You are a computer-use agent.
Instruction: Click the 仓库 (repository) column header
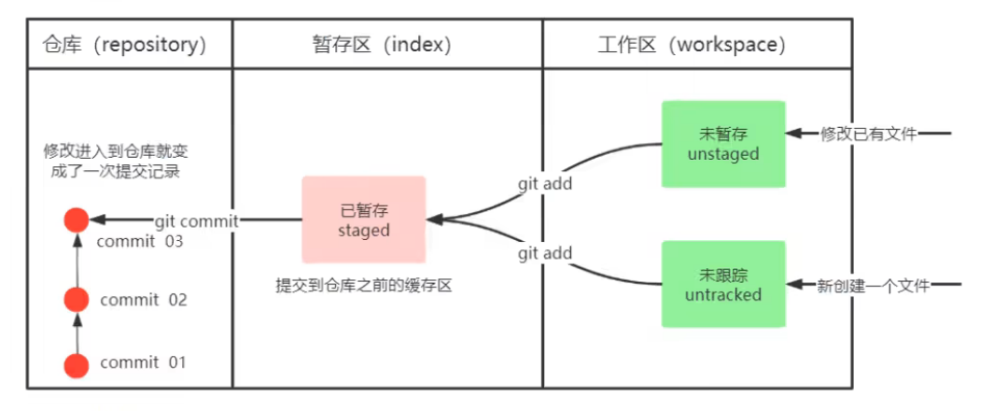click(124, 44)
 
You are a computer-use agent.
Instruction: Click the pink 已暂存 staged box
click(364, 220)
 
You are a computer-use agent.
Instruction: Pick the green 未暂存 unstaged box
click(723, 144)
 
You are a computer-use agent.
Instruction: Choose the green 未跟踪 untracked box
click(723, 284)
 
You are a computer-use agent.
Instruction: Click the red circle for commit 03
click(77, 220)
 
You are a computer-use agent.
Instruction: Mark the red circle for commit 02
click(77, 300)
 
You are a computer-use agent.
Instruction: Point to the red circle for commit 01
click(77, 365)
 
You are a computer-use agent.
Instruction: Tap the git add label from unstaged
click(545, 184)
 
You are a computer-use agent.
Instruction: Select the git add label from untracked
click(545, 253)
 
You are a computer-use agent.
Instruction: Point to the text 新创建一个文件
click(875, 286)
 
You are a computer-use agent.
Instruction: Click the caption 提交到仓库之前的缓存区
click(363, 287)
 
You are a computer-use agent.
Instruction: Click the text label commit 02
click(144, 300)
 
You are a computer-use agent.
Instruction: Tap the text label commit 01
click(144, 362)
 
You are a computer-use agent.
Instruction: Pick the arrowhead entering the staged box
click(434, 220)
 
